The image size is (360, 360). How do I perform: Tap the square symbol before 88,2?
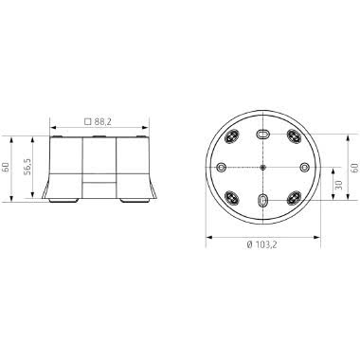(x=88, y=122)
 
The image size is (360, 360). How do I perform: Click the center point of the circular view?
(x=261, y=167)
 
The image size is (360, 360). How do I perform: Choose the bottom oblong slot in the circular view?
(x=261, y=200)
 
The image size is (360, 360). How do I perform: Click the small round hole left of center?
(x=221, y=167)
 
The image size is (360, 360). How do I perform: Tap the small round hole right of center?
(x=303, y=167)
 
